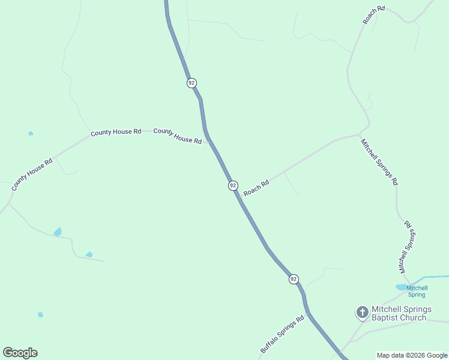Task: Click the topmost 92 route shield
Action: coord(191,83)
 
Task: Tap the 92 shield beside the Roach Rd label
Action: coord(233,185)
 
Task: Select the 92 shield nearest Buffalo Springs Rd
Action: coord(293,279)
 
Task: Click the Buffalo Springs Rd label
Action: coord(282,334)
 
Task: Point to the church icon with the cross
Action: coord(362,312)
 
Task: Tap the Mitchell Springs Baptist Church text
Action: coord(401,313)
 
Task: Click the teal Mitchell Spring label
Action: coord(417,292)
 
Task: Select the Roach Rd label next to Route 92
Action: coord(256,188)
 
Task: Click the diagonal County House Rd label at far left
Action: coord(32,175)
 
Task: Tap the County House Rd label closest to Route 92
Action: coord(178,136)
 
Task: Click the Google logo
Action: coord(20,352)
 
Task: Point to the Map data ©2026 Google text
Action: coord(412,355)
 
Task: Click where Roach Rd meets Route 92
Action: coord(239,197)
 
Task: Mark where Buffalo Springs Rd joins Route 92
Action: coord(307,313)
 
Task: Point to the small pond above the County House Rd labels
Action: coord(31,133)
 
